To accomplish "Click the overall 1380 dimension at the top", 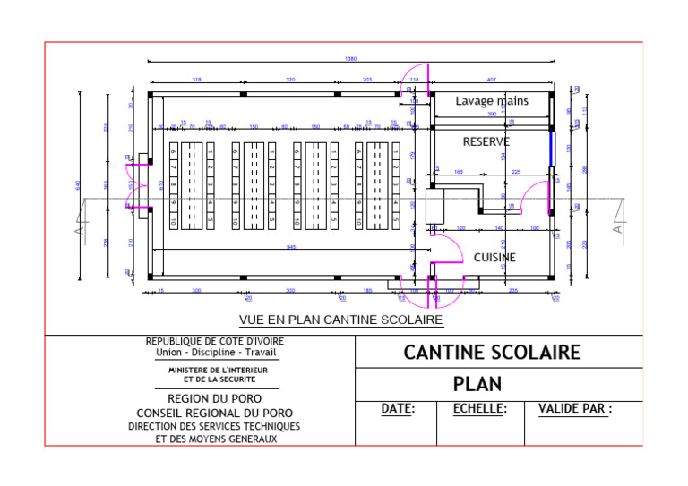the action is tap(350, 58).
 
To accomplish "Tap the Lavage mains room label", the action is tap(492, 101).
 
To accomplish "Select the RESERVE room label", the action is tap(486, 141).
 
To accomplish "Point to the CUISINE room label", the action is tap(494, 258).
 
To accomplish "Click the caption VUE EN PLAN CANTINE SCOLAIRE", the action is tap(341, 320).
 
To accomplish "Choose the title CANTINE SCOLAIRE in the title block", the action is tap(492, 352).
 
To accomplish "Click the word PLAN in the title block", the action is tap(477, 385).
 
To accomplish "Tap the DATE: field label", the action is tap(398, 409).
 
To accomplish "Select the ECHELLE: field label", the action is tap(479, 409).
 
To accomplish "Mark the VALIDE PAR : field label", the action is tap(574, 409).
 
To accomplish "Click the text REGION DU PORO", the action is tap(214, 399).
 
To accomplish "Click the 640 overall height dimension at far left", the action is tap(78, 184).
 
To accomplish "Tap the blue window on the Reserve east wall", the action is tap(553, 146).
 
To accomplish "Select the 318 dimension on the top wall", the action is tap(196, 80).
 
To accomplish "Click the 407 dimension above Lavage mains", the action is tap(491, 80).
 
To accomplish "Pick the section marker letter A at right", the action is tap(617, 228).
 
